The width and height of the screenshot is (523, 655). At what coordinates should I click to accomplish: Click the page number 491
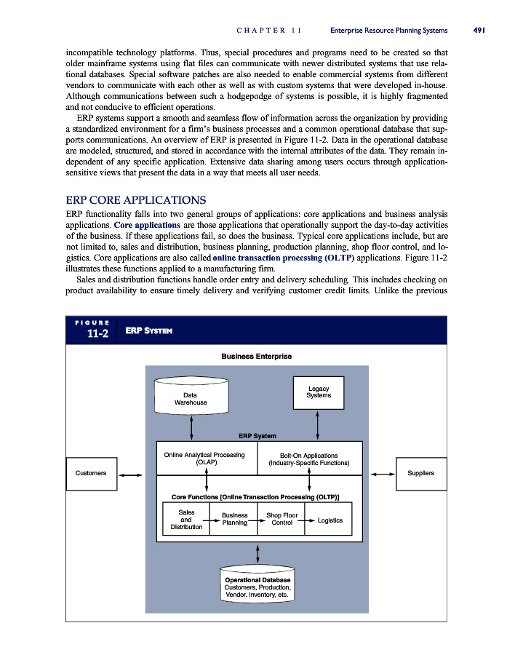pyautogui.click(x=478, y=31)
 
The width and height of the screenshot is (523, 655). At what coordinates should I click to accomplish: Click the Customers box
pyautogui.click(x=91, y=473)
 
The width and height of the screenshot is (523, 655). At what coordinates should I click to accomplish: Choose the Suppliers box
pyautogui.click(x=420, y=473)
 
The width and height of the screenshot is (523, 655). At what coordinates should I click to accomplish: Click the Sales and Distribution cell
pyautogui.click(x=186, y=520)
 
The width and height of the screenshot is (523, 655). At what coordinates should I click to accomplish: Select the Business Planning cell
pyautogui.click(x=234, y=520)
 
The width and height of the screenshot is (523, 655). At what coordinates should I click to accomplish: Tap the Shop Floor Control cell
pyautogui.click(x=282, y=520)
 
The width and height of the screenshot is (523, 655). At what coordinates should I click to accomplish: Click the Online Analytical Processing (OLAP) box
pyautogui.click(x=204, y=458)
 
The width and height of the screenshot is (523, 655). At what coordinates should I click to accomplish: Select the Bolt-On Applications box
pyautogui.click(x=309, y=458)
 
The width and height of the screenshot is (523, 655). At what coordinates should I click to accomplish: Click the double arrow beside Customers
pyautogui.click(x=131, y=475)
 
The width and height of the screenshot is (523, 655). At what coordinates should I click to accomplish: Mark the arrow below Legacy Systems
pyautogui.click(x=318, y=421)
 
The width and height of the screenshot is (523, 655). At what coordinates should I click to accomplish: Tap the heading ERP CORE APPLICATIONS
pyautogui.click(x=136, y=200)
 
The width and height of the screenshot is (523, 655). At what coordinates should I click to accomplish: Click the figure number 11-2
pyautogui.click(x=91, y=334)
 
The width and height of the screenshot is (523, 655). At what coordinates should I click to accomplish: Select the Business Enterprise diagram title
pyautogui.click(x=256, y=356)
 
